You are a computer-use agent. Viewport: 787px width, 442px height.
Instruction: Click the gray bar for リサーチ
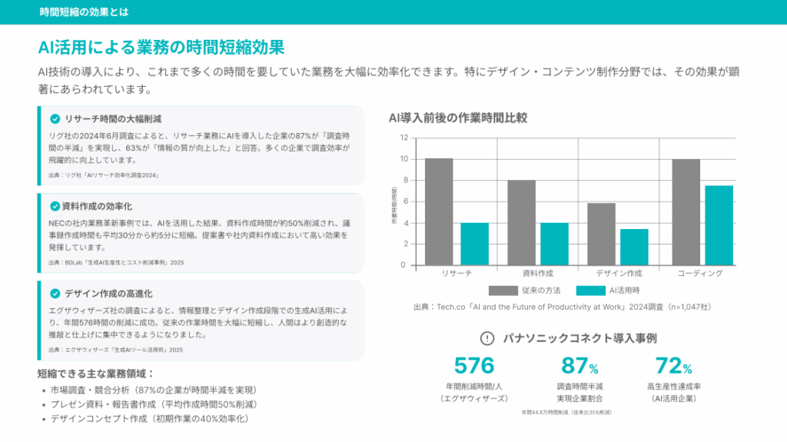[x=439, y=211]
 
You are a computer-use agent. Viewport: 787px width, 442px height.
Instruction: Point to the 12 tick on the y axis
[x=403, y=138]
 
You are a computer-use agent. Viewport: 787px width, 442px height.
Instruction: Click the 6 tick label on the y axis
[x=404, y=201]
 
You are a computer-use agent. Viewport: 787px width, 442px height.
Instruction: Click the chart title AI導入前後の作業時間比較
[x=457, y=118]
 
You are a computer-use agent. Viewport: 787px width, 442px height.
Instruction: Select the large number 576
[x=474, y=365]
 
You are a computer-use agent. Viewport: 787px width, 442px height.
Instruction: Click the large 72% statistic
[x=673, y=365]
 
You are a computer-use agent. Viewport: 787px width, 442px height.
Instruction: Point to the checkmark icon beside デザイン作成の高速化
[x=55, y=294]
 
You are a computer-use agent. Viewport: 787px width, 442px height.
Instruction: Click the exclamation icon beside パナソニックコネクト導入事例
[x=486, y=338]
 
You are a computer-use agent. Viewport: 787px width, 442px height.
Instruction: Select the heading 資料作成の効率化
[x=98, y=206]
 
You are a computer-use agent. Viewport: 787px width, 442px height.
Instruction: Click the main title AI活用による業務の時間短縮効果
[x=161, y=47]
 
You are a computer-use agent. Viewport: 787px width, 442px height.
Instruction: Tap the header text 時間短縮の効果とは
[x=85, y=12]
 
